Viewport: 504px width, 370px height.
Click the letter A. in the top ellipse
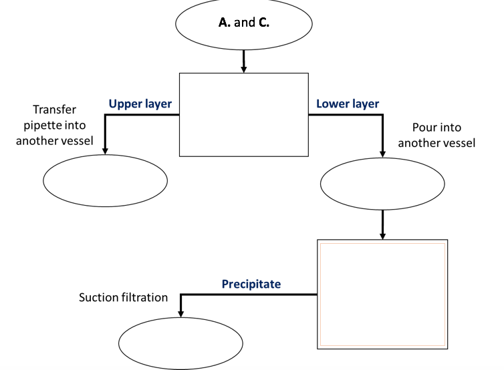(x=225, y=23)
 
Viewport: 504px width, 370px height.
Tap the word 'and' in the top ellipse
(x=244, y=23)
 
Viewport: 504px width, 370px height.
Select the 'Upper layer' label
(x=140, y=104)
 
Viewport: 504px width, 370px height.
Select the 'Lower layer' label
(x=348, y=104)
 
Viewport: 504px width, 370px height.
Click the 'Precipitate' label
(x=251, y=284)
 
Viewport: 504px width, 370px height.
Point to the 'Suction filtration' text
(x=124, y=297)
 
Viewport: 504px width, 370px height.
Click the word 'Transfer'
(x=55, y=110)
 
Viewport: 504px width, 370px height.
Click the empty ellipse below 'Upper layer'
(x=105, y=180)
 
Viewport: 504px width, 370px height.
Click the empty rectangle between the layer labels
(x=243, y=114)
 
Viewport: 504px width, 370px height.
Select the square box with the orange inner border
(x=382, y=294)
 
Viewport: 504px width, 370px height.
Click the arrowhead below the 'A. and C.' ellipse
(x=243, y=68)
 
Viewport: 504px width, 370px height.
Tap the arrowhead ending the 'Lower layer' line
(x=382, y=152)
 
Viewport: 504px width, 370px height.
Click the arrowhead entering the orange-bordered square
(x=382, y=234)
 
